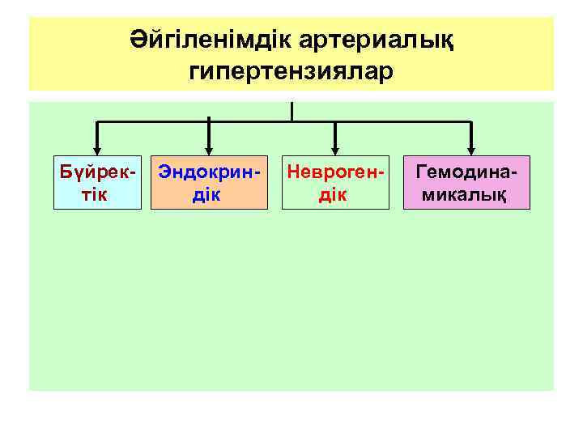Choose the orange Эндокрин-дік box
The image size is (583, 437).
209,183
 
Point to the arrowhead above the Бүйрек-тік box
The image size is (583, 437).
97,148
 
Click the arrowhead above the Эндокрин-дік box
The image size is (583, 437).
209,148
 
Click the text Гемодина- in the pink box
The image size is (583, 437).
467,172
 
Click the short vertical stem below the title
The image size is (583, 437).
291,111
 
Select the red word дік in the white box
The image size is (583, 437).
332,194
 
